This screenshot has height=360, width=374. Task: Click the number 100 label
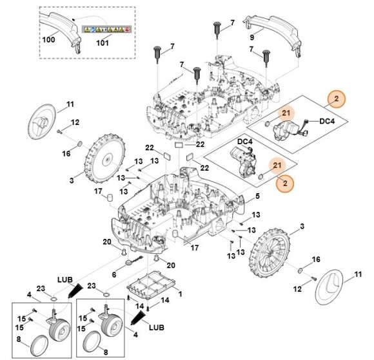tap(48, 39)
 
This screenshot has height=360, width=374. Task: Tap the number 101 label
tap(103, 43)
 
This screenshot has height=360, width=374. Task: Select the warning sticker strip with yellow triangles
tap(106, 30)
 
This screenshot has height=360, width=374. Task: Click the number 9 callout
tap(252, 37)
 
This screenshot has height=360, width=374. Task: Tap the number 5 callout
tap(257, 196)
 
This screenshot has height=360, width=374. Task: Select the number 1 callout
tap(181, 294)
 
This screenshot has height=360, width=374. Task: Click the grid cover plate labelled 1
tap(152, 284)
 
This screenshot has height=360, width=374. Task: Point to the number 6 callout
tap(114, 274)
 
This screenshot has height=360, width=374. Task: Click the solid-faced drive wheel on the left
tap(104, 158)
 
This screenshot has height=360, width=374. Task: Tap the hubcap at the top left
tap(41, 122)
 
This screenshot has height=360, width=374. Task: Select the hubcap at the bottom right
tap(329, 287)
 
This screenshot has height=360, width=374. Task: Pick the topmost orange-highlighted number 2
tap(337, 99)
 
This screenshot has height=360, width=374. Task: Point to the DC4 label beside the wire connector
tap(327, 121)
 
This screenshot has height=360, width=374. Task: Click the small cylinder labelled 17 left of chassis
tap(110, 198)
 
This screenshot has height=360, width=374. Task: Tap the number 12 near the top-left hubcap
tap(75, 122)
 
